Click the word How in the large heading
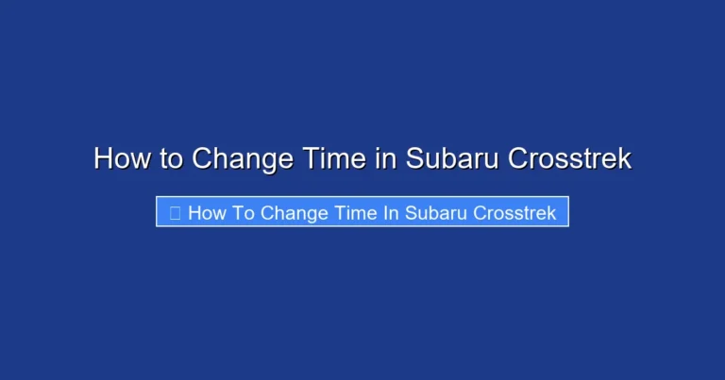tap(122, 158)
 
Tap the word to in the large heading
tap(171, 158)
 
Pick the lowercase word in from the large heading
tap(385, 158)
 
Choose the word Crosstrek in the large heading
tap(570, 158)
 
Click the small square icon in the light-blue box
tap(175, 213)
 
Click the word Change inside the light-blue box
tap(294, 213)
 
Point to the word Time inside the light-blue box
tap(356, 213)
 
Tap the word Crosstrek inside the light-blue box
tap(514, 213)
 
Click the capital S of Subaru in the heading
tap(414, 158)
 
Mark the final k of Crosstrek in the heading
tap(625, 158)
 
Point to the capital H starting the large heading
tap(103, 158)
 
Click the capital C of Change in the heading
tap(202, 158)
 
